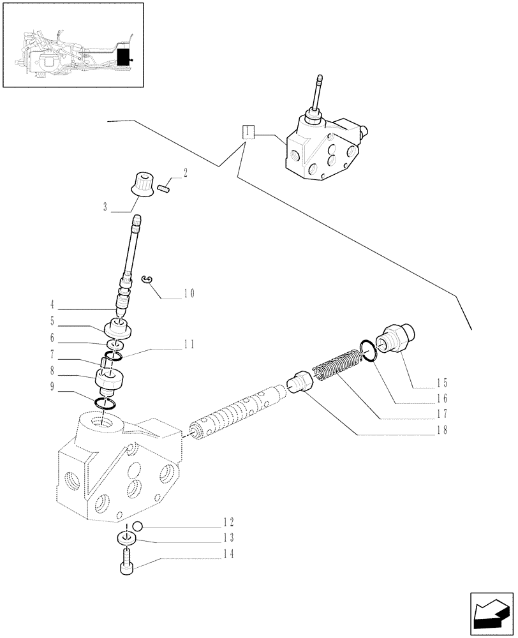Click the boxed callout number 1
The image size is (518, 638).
tap(247, 133)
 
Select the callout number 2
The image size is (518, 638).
tap(184, 172)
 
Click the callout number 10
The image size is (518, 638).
tap(189, 294)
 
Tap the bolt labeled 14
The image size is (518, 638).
tap(127, 564)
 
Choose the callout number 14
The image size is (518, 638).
tap(228, 554)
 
